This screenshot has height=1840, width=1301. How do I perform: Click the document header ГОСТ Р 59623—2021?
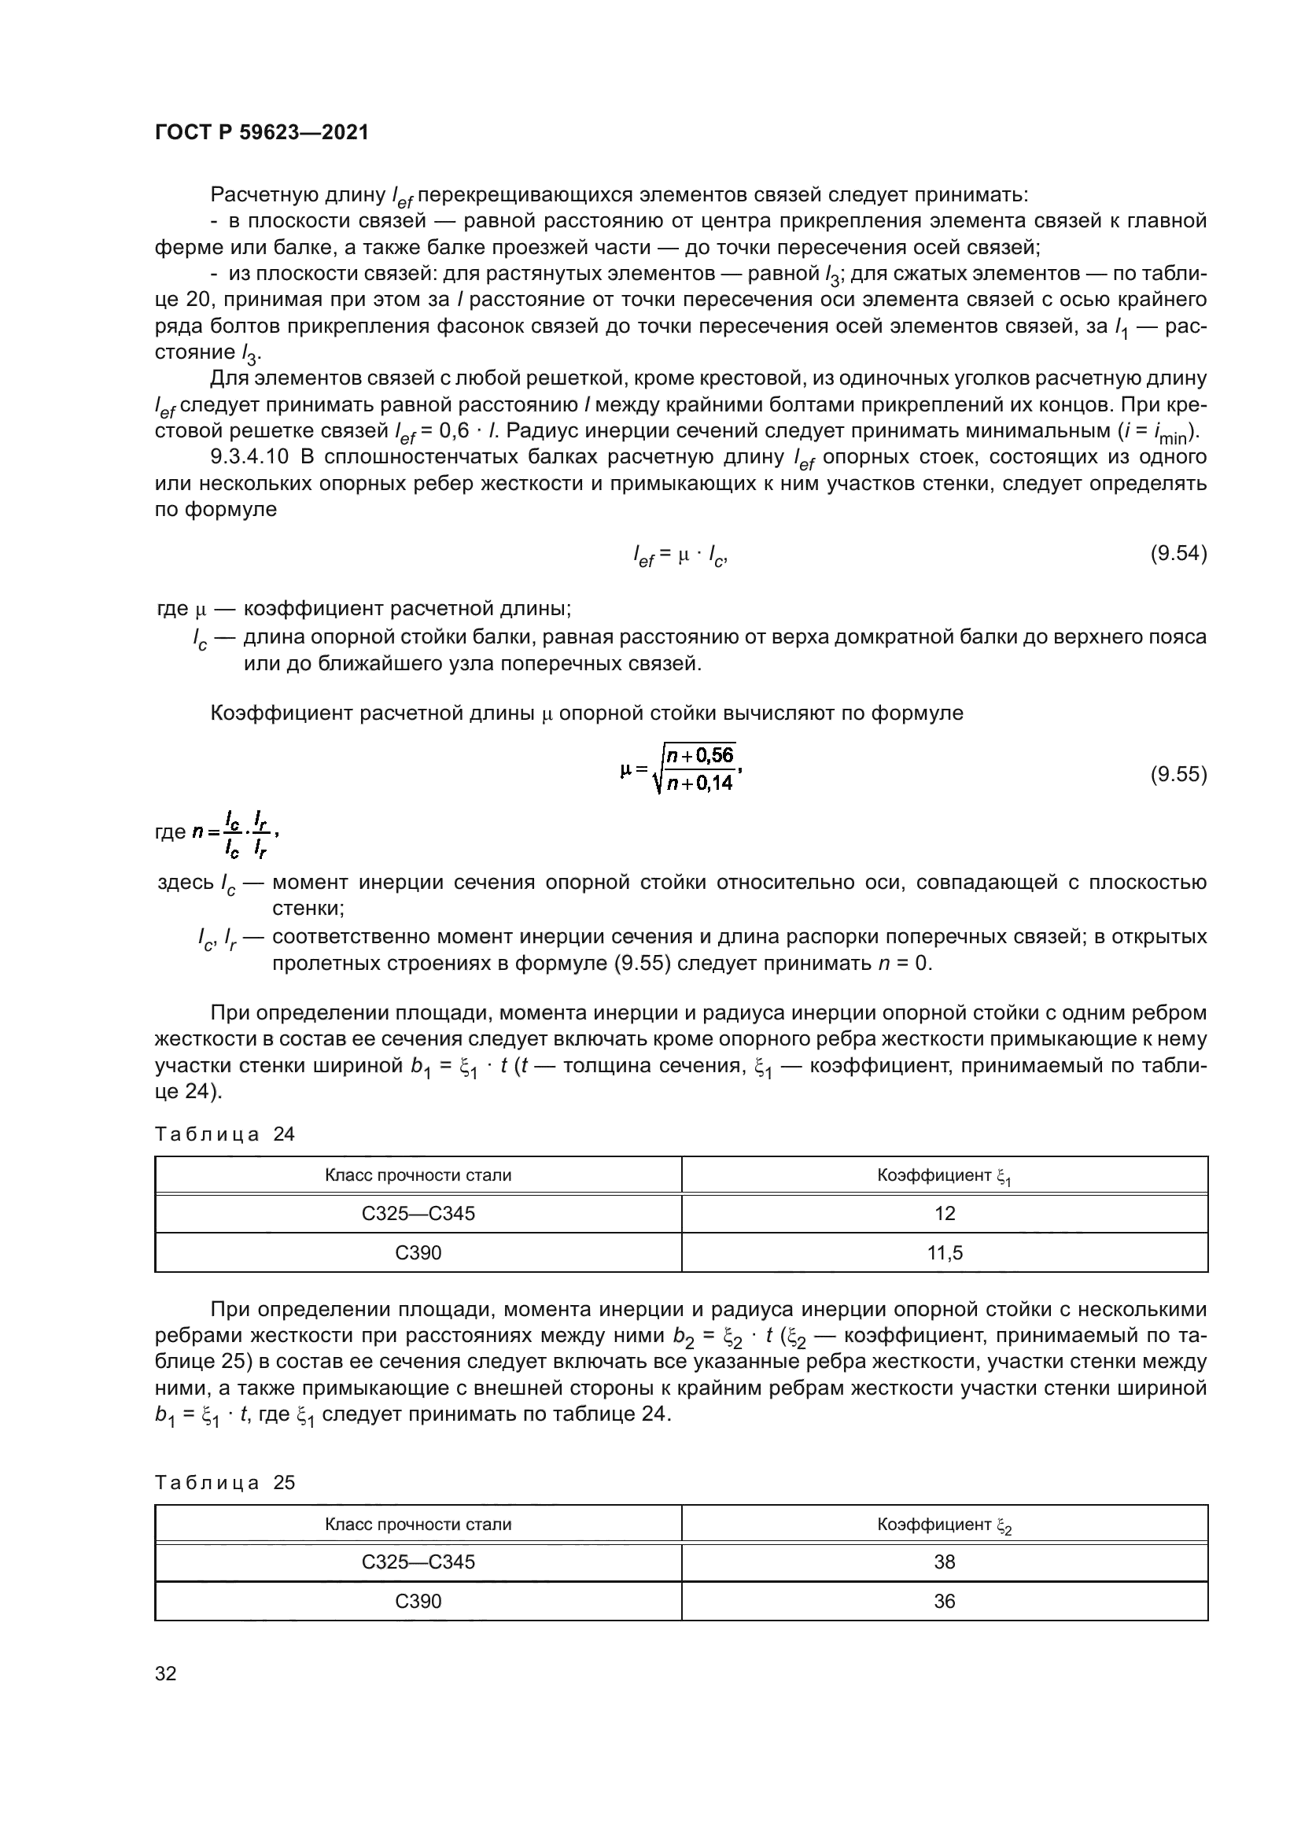(x=262, y=132)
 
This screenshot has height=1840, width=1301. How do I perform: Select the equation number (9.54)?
(x=1178, y=554)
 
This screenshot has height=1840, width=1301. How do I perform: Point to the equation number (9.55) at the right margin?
(x=1178, y=774)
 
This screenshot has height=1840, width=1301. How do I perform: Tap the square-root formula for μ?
(x=683, y=769)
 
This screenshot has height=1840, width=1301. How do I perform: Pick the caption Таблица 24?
(x=225, y=1134)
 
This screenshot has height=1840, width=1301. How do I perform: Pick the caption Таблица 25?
(x=225, y=1483)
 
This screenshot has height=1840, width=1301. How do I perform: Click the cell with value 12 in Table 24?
(x=945, y=1213)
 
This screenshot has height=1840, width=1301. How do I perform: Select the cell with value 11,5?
(x=945, y=1252)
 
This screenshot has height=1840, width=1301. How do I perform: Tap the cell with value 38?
(x=945, y=1562)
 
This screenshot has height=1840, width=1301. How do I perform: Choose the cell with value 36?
(x=945, y=1601)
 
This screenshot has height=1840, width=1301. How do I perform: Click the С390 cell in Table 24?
(x=418, y=1252)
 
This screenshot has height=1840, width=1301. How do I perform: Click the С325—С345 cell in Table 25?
(x=418, y=1562)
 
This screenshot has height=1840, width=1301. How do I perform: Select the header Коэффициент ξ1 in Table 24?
(x=945, y=1175)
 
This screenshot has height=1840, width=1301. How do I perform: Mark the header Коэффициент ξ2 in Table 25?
(x=945, y=1525)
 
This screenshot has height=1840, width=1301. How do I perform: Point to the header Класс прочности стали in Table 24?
(x=418, y=1175)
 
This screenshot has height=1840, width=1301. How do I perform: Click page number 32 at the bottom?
(x=166, y=1673)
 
